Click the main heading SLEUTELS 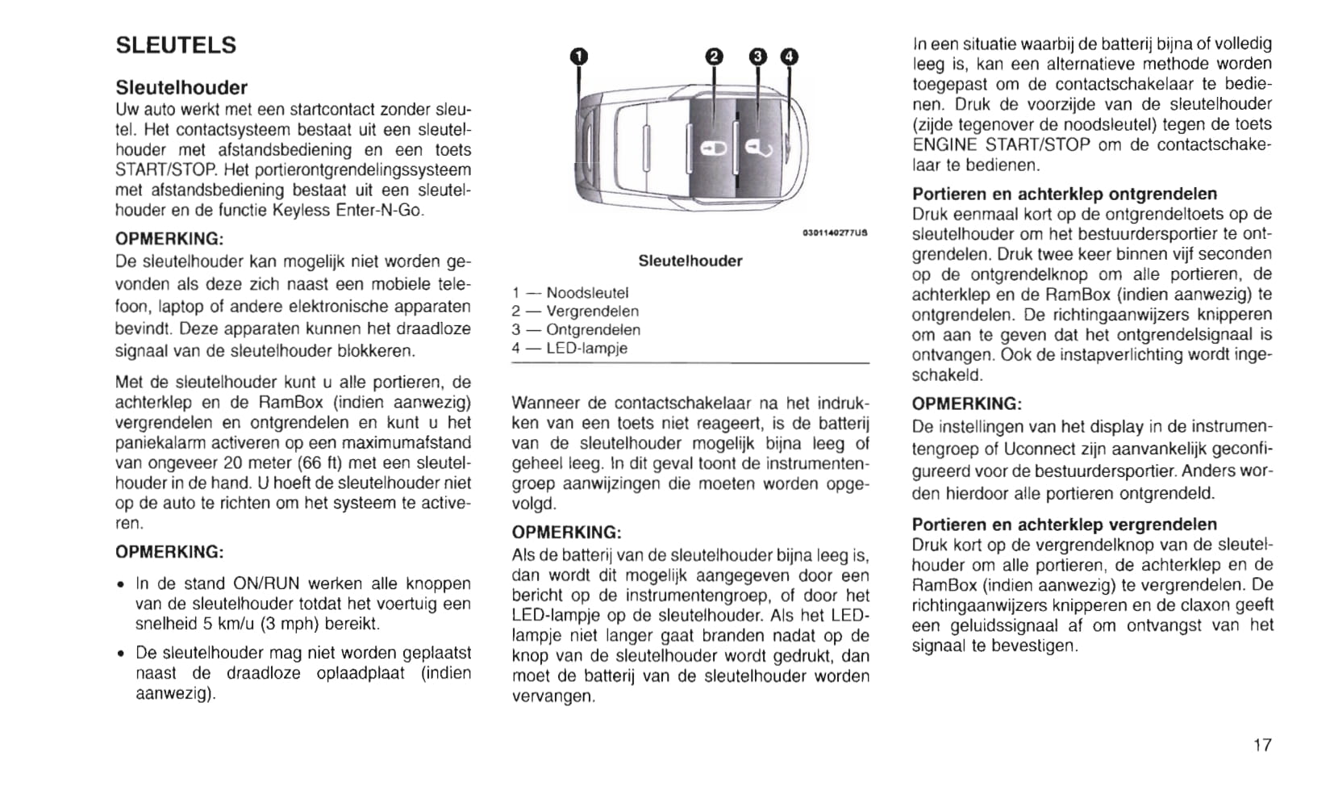coord(176,45)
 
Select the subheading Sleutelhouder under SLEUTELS coord(181,87)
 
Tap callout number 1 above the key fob coord(579,56)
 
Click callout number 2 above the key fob coord(714,56)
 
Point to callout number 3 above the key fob coord(758,56)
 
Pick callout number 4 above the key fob coord(789,56)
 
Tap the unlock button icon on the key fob coord(758,148)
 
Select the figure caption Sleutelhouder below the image coord(690,261)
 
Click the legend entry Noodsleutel coord(586,293)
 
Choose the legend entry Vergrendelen coord(592,312)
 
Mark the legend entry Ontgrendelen coord(593,330)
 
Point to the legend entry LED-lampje coord(586,349)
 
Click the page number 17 coord(1262,745)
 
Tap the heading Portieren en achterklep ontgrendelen coord(1065,194)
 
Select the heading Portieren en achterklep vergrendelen coord(1065,524)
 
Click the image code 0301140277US coord(835,233)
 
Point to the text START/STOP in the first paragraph coord(167,170)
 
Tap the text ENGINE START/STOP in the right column coord(1001,144)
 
